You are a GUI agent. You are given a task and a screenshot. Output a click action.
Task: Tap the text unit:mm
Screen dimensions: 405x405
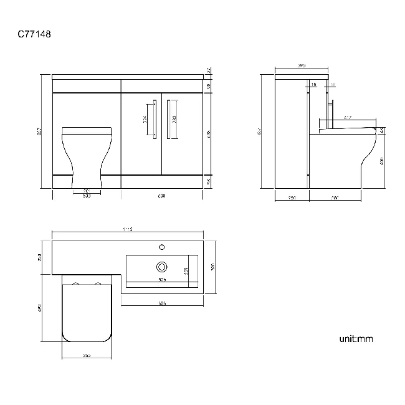pyautogui.click(x=356, y=340)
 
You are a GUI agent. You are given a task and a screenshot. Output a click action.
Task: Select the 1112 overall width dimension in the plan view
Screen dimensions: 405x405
pyautogui.click(x=128, y=230)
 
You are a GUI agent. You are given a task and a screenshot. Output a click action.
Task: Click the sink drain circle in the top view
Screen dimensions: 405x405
pyautogui.click(x=162, y=267)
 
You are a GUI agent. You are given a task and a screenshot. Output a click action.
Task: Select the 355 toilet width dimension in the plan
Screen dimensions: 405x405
pyautogui.click(x=87, y=355)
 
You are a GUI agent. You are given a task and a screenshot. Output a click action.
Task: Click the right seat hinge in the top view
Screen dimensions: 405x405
pyautogui.click(x=97, y=283)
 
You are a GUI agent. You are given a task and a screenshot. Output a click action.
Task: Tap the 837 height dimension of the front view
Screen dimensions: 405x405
pyautogui.click(x=40, y=131)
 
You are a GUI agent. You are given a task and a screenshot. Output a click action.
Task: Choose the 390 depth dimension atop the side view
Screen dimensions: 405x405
pyautogui.click(x=302, y=65)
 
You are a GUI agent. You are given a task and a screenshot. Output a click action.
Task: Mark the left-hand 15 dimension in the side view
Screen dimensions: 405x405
pyautogui.click(x=313, y=84)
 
